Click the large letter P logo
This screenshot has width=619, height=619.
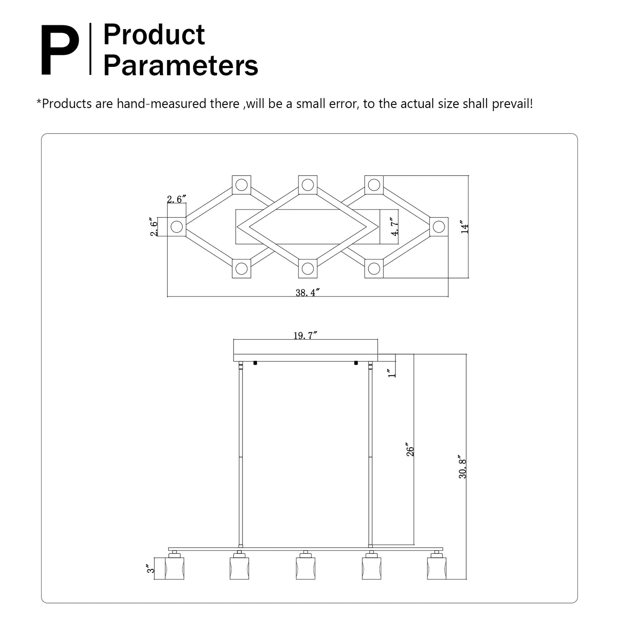coord(60,51)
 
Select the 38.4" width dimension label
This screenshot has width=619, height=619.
coord(308,293)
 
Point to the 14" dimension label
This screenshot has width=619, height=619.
coord(464,227)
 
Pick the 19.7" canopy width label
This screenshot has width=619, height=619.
coord(305,335)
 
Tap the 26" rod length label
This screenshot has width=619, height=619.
coord(410,450)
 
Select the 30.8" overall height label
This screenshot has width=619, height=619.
coord(462,467)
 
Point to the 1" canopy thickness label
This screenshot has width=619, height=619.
coord(390,373)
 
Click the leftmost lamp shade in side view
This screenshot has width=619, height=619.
coord(174,568)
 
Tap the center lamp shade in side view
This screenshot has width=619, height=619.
coord(305,568)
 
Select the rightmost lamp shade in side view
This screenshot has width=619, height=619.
coord(437,568)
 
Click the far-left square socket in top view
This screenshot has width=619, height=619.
coord(176,227)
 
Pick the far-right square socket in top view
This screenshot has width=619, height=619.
coord(439,227)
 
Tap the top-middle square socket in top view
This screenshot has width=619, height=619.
coord(308,185)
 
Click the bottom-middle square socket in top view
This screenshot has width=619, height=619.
coord(308,269)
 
